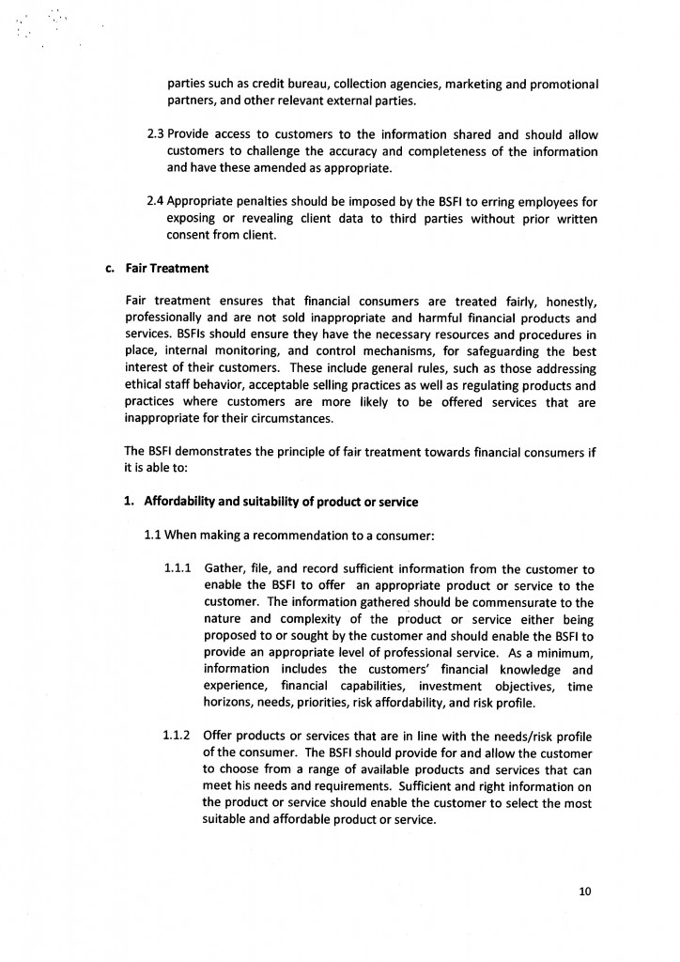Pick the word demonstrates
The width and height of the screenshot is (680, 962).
[217, 451]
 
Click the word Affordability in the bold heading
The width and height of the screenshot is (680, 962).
[182, 501]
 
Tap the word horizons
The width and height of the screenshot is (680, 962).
[231, 704]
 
